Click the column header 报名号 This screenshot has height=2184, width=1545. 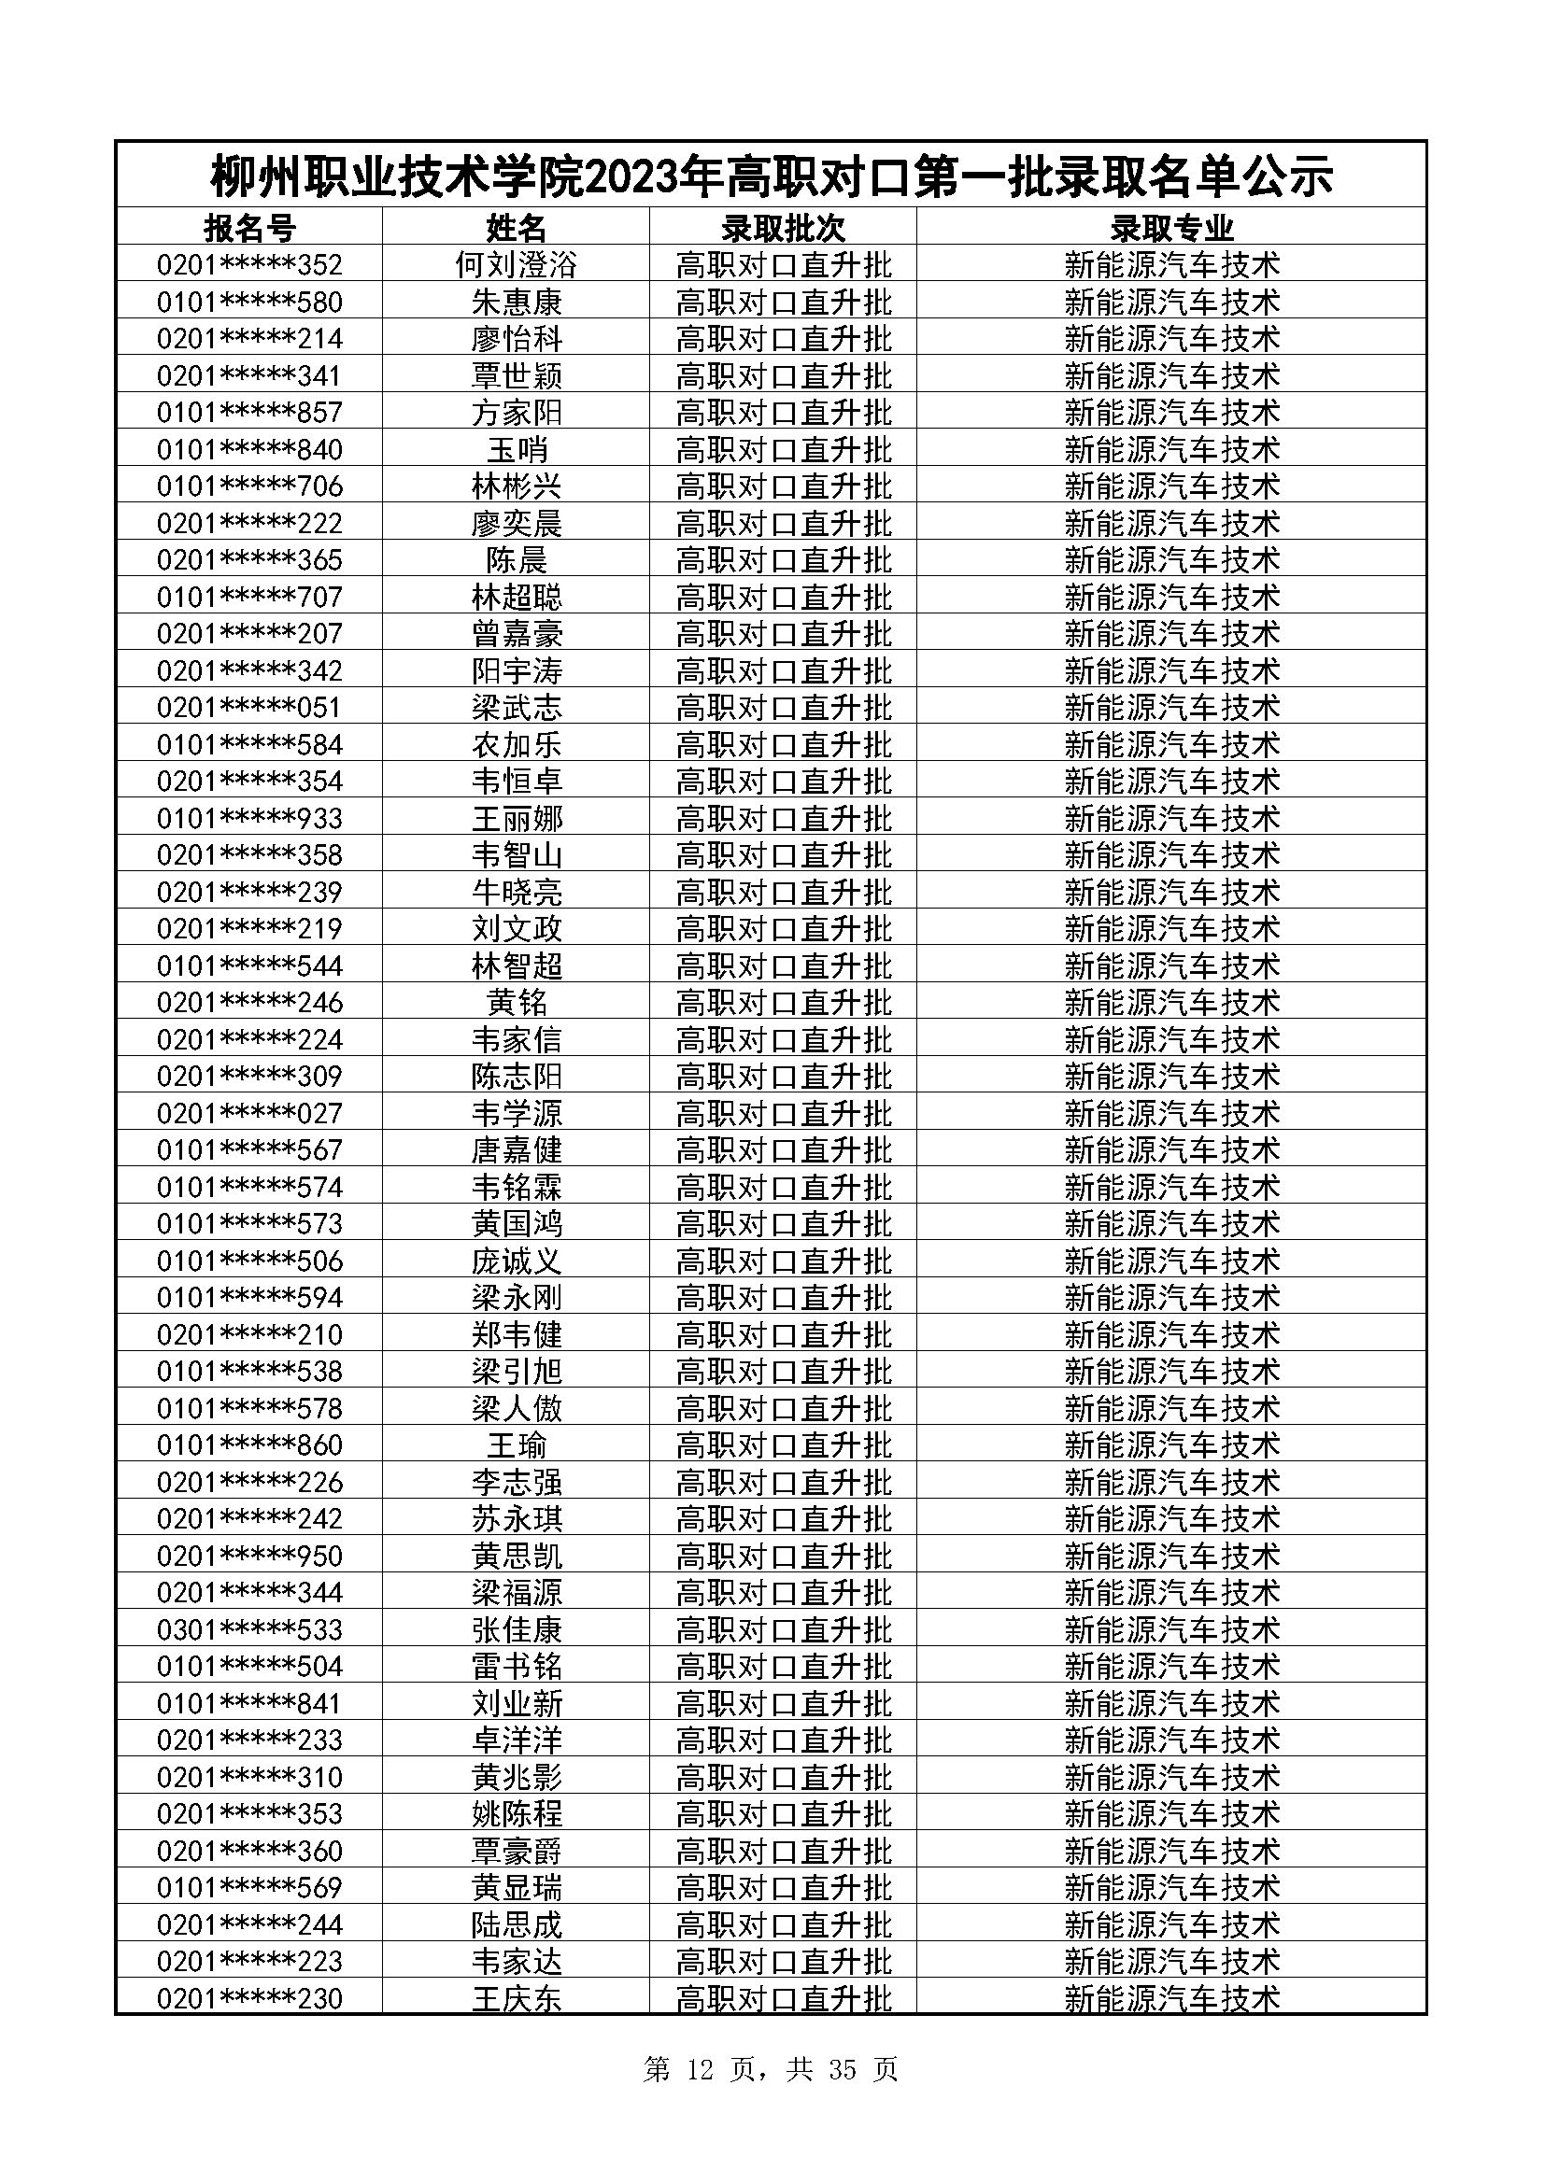coord(249,228)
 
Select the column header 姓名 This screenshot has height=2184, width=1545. coord(517,228)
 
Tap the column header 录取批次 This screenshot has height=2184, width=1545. coord(783,228)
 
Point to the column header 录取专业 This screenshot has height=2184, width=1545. coord(1171,228)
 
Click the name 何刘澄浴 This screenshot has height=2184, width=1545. coord(517,264)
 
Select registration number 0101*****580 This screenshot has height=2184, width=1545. coord(249,303)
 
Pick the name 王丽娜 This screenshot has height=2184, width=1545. coord(517,819)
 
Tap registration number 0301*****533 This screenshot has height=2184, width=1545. coord(249,1630)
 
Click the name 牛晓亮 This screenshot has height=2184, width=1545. coord(517,893)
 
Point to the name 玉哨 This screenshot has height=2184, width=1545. coord(517,450)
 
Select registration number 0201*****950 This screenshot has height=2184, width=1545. coord(249,1557)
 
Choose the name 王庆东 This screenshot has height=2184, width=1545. coord(517,1998)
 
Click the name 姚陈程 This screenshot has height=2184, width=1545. coord(517,1814)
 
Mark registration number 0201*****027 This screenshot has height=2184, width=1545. coord(249,1113)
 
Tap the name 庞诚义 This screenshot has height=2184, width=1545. coord(517,1261)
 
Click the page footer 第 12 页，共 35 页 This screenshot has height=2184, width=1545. coord(771,2070)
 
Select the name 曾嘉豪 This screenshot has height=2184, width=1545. coord(517,633)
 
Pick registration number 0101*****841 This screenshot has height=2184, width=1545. coord(249,1704)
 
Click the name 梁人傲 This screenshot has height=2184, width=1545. coord(517,1409)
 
